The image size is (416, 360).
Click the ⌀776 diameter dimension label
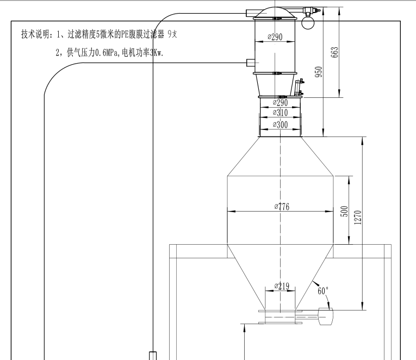coord(281,207)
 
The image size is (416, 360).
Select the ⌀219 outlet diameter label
coord(281,285)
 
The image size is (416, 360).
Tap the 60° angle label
coord(323,290)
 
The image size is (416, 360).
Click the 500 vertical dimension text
coord(344,211)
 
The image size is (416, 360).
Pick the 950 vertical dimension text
coord(319,71)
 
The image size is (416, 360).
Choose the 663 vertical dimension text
coord(335,52)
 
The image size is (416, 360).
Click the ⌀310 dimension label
coord(280,113)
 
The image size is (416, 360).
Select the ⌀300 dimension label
coord(280,125)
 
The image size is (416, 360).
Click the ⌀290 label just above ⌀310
coord(280,102)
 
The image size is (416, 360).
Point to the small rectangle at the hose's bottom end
coord(153,356)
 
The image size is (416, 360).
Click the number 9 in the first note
coord(170,34)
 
